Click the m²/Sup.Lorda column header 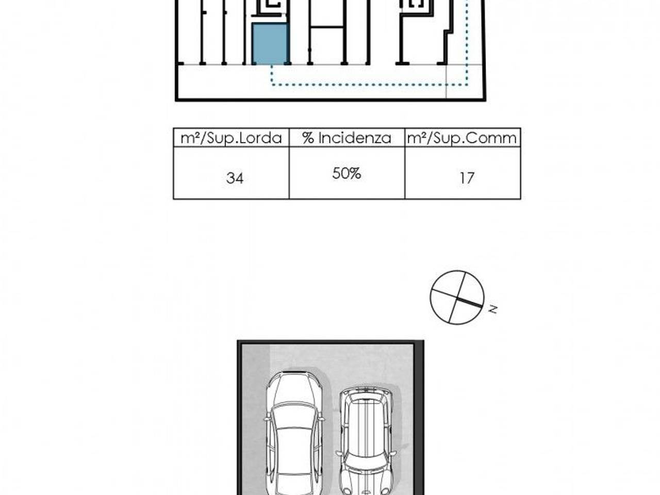[231, 138]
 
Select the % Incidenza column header [346, 138]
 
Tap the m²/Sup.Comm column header [462, 138]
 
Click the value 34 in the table [235, 178]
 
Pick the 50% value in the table [346, 173]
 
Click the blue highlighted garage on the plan [270, 44]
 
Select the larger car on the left [294, 433]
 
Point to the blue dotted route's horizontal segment [369, 85]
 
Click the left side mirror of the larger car [267, 418]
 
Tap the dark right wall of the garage [419, 418]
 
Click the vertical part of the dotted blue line [467, 42]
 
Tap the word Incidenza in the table [355, 138]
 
